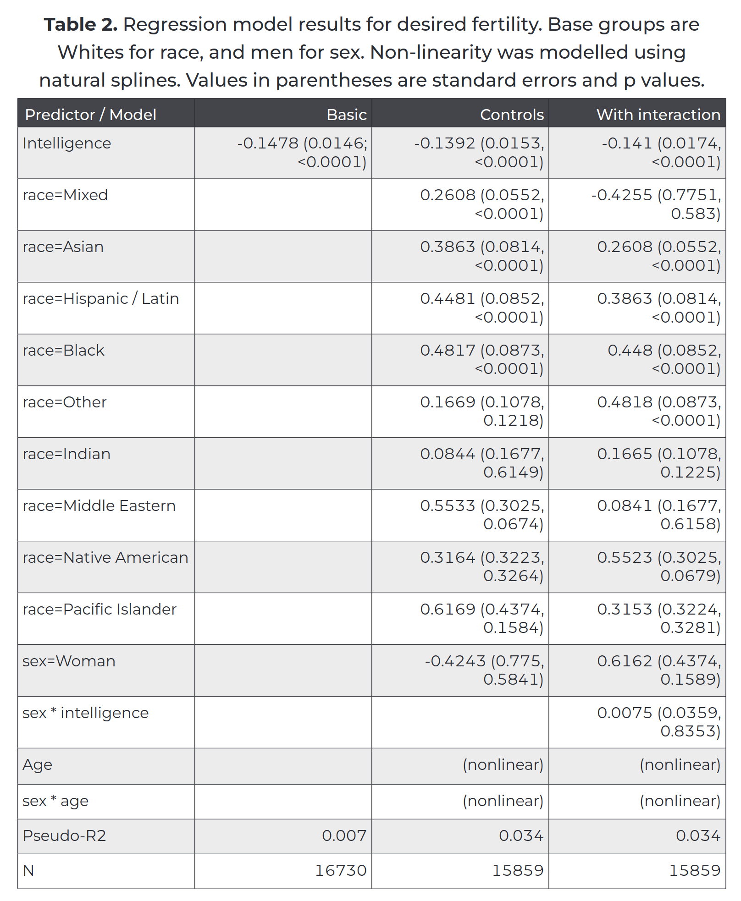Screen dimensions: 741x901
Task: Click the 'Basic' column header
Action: click(346, 115)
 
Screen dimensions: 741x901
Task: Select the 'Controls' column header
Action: click(512, 115)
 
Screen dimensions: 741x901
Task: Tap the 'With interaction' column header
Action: click(658, 115)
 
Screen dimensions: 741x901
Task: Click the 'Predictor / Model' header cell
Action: click(90, 115)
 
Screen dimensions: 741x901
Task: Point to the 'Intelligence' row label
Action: click(67, 143)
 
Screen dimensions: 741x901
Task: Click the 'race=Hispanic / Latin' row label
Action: click(101, 299)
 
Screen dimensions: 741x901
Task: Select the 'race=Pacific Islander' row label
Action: click(100, 610)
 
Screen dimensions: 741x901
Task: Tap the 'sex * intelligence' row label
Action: click(86, 713)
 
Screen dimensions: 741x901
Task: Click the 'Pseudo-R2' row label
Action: click(64, 835)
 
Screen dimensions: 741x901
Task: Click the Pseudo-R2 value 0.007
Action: click(344, 835)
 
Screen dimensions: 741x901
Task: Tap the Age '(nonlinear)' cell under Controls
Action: click(503, 765)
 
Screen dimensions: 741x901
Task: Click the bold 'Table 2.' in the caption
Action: click(81, 24)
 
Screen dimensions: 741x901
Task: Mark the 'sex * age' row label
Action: click(55, 801)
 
